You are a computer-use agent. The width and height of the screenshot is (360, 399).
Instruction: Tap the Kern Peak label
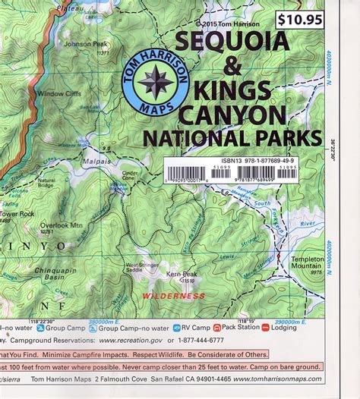182,272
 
